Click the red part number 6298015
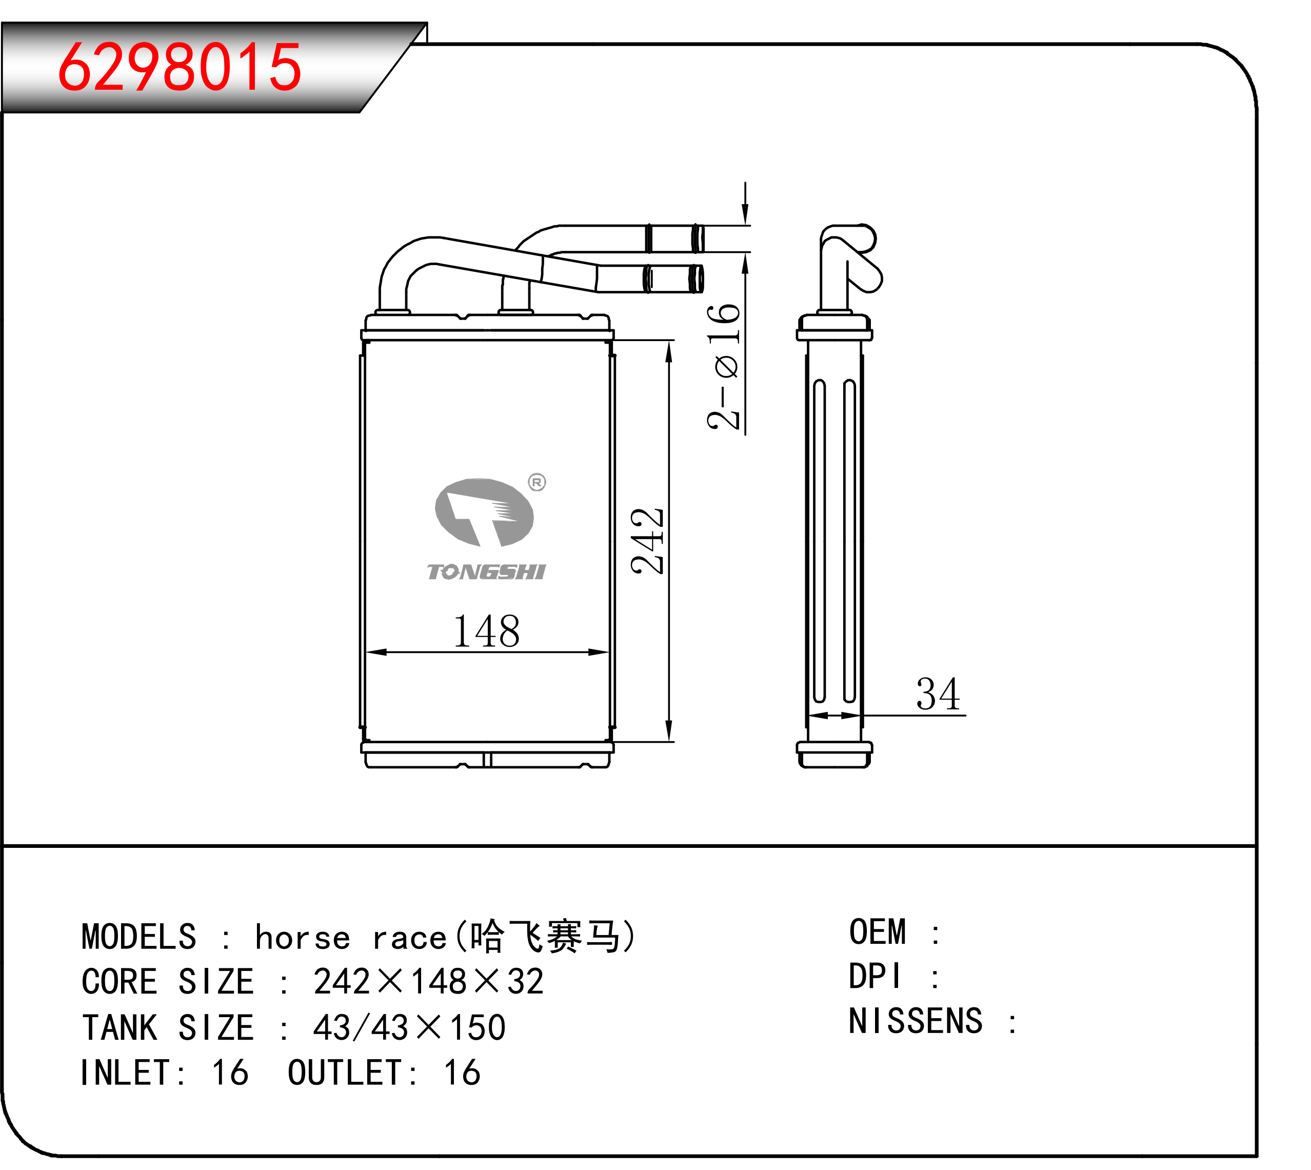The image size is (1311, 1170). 180,67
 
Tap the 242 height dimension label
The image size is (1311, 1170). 647,541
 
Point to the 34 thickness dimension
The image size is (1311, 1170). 938,693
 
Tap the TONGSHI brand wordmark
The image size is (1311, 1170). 486,571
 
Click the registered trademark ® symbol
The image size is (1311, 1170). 537,482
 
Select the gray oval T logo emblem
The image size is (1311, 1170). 484,512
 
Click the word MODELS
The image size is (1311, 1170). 139,937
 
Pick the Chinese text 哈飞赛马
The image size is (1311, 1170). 545,936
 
